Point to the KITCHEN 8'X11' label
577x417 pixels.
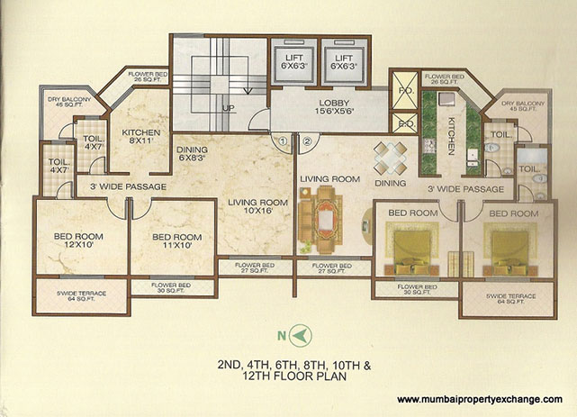[140, 138]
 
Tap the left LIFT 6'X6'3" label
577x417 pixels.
[293, 60]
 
